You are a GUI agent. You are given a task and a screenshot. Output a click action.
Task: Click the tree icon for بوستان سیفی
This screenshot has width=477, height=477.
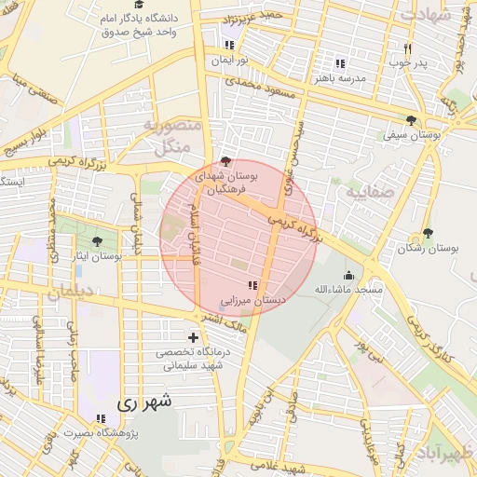[x=411, y=120]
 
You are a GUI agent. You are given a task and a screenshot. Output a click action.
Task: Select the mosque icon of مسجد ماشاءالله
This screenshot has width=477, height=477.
[x=348, y=275]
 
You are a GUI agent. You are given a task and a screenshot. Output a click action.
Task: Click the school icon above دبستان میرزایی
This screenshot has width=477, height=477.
[x=252, y=285]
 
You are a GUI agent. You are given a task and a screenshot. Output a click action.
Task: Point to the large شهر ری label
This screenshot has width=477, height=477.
[x=146, y=402]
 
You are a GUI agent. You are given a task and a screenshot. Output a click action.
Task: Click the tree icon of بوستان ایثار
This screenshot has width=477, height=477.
[x=98, y=241]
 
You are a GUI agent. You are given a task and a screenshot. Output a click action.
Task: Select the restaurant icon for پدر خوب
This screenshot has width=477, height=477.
[x=407, y=48]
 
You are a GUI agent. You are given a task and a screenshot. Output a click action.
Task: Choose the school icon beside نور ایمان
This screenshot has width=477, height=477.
[x=230, y=45]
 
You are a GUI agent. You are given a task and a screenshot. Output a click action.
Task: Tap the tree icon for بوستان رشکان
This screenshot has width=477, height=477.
[x=428, y=233]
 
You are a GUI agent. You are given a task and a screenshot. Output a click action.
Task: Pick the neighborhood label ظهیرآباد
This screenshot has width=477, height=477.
[x=449, y=454]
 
